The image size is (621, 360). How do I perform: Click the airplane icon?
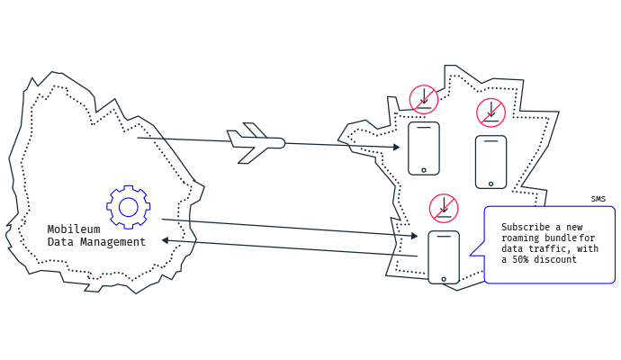tap(256, 143)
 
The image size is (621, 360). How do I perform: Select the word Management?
tap(112, 241)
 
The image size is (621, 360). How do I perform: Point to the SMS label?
tap(598, 199)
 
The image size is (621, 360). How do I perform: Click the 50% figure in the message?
tap(520, 259)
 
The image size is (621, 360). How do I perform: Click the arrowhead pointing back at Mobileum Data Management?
tap(166, 240)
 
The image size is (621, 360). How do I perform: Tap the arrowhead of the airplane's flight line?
tap(396, 147)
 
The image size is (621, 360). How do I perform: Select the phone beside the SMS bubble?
tap(444, 257)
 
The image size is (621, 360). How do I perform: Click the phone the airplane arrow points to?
tap(424, 148)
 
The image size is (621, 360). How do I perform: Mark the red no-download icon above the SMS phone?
tap(444, 208)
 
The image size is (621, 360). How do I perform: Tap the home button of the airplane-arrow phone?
tap(424, 170)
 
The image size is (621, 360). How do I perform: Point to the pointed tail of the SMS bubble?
tap(471, 256)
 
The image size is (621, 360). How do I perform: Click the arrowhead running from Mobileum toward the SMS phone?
tap(414, 236)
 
